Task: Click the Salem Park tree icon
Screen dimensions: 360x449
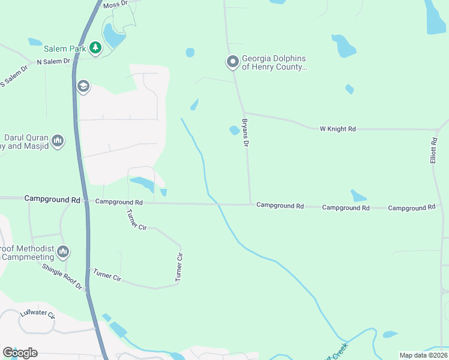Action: (x=95, y=47)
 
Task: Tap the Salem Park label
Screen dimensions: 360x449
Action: (x=64, y=47)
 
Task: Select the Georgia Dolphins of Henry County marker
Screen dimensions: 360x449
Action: (x=232, y=62)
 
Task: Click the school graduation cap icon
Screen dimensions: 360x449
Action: (x=83, y=87)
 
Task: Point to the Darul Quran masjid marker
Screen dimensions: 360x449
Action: (x=58, y=141)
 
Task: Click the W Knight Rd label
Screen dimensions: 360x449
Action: (x=338, y=128)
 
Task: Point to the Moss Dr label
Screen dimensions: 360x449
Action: (x=115, y=4)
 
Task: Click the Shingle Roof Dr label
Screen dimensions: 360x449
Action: (x=62, y=276)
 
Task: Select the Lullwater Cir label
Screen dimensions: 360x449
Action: (x=37, y=314)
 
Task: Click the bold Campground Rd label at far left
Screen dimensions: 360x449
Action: (x=52, y=198)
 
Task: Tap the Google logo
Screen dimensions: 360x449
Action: (x=20, y=353)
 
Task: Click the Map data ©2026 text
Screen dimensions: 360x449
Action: (x=423, y=355)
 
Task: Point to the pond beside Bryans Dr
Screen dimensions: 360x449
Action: (x=234, y=130)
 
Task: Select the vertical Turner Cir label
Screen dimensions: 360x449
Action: (x=179, y=267)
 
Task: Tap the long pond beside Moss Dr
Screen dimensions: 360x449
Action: (x=113, y=36)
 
